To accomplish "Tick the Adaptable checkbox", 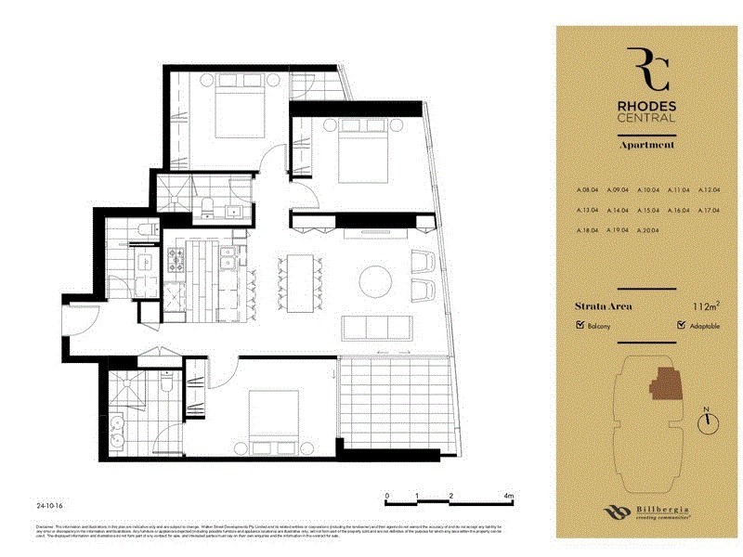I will point(682,326).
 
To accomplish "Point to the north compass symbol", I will point(709,420).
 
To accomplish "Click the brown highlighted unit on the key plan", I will point(665,382).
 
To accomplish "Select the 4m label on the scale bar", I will point(509,497).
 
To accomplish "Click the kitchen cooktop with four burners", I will point(178,264).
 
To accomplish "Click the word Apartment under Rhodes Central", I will point(646,145).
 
